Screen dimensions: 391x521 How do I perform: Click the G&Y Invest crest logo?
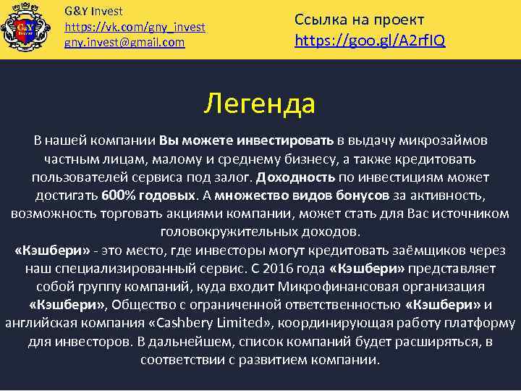29,29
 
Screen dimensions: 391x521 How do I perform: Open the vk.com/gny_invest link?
135,27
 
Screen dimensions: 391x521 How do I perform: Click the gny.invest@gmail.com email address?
124,43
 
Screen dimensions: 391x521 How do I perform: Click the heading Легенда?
259,104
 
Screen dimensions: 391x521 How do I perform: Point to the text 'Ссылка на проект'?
359,19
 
